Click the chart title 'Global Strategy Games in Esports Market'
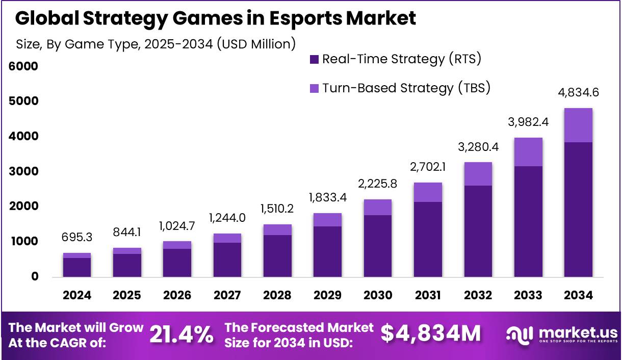tap(216, 18)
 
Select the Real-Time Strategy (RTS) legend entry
tap(395, 59)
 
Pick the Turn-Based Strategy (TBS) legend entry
tap(400, 88)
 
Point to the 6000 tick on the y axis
tap(23, 66)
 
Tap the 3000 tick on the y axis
tap(23, 171)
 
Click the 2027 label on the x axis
tap(227, 295)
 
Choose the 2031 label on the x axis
tap(428, 295)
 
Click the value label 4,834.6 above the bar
tap(578, 93)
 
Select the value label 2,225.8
tap(378, 184)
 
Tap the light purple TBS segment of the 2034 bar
tap(578, 125)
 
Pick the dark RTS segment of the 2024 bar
tap(77, 267)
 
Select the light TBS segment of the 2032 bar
tap(478, 174)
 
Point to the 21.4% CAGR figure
tap(182, 335)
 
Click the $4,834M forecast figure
tap(431, 333)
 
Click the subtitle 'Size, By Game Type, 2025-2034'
tap(156, 44)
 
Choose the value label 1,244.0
tap(227, 218)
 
